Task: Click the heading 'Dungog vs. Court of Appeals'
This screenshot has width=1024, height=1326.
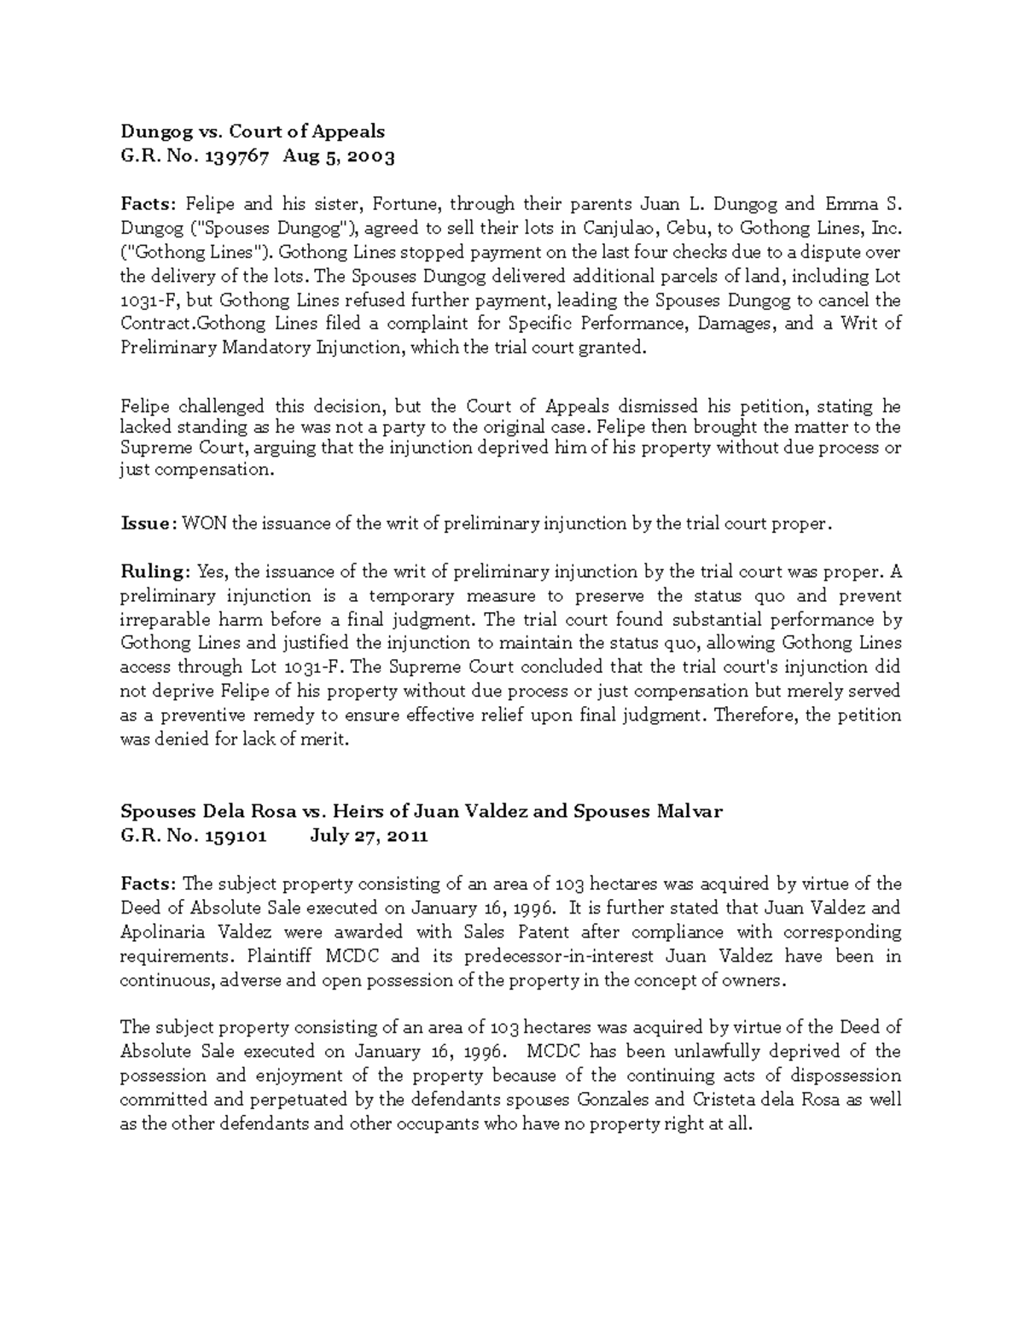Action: pyautogui.click(x=252, y=131)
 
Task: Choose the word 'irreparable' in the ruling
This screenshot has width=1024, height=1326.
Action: pyautogui.click(x=161, y=620)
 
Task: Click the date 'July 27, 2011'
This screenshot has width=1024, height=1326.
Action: pyautogui.click(x=369, y=836)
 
